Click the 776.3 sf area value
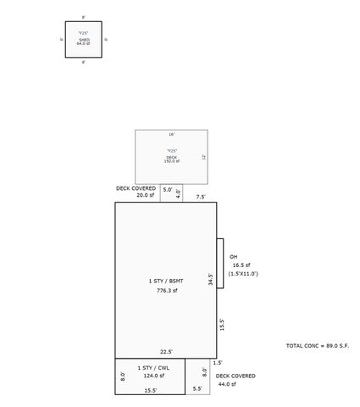[166, 290]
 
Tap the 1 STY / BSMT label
[166, 281]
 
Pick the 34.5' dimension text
[209, 279]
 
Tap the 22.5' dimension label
[167, 352]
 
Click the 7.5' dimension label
[201, 197]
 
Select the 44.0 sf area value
[224, 384]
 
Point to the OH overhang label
[233, 257]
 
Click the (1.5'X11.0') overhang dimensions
[242, 274]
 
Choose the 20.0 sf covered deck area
[145, 195]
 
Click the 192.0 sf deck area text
[172, 161]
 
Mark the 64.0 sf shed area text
[83, 43]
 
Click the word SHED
[83, 38]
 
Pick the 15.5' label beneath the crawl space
[150, 390]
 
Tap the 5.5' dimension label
[197, 389]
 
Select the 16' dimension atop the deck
[171, 134]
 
